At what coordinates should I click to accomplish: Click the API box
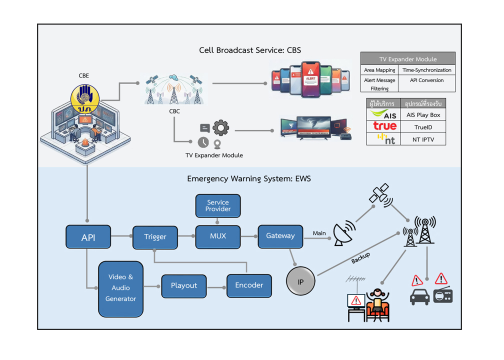tap(88, 237)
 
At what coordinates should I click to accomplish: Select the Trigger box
tap(155, 237)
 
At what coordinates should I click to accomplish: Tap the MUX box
tap(217, 236)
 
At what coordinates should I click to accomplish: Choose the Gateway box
tap(280, 236)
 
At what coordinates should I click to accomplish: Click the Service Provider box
tap(217, 205)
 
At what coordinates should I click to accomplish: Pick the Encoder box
tap(249, 285)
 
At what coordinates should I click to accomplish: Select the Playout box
tap(183, 285)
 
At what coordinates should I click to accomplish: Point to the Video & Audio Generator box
tap(120, 288)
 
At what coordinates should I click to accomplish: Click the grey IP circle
tap(300, 282)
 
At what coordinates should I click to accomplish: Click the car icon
tap(419, 297)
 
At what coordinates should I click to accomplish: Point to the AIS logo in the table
tap(384, 115)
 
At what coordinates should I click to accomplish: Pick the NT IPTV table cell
tap(423, 140)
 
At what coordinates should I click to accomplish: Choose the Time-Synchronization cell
tap(426, 70)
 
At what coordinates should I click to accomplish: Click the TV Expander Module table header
tap(407, 59)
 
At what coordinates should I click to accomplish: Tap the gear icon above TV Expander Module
tap(220, 128)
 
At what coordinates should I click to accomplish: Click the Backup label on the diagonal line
tap(360, 258)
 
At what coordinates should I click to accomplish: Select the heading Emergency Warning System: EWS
tap(248, 178)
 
